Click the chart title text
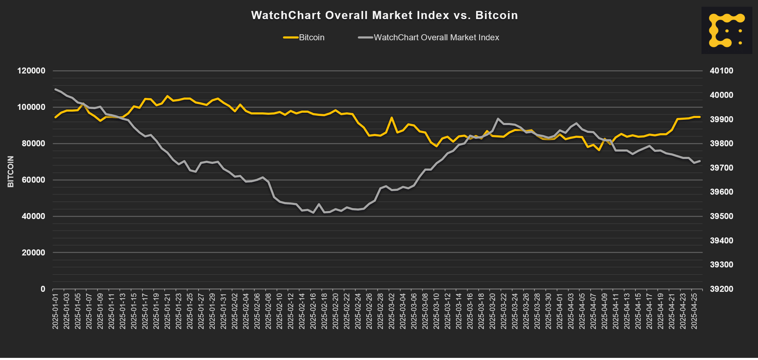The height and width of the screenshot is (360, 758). coord(384,15)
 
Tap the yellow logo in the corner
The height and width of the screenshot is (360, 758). coord(726,30)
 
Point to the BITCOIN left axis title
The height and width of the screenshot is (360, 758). coord(11,172)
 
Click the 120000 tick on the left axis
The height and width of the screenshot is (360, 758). coord(31,71)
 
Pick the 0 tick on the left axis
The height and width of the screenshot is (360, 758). coord(43,289)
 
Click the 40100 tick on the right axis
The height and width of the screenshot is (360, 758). coord(722,71)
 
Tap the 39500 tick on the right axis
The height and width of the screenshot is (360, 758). coord(722,216)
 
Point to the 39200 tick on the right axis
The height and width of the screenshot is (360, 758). coord(722,289)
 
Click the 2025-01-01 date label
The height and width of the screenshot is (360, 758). coord(55,309)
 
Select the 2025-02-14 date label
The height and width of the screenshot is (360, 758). coord(302,309)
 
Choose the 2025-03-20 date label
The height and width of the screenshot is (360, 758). coord(492,309)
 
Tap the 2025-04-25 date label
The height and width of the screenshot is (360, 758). coord(694,309)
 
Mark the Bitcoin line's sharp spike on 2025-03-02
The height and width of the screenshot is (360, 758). coord(391,117)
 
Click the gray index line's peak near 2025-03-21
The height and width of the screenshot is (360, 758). coord(498,119)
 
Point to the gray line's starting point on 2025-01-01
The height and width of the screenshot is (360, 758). coord(55,89)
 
